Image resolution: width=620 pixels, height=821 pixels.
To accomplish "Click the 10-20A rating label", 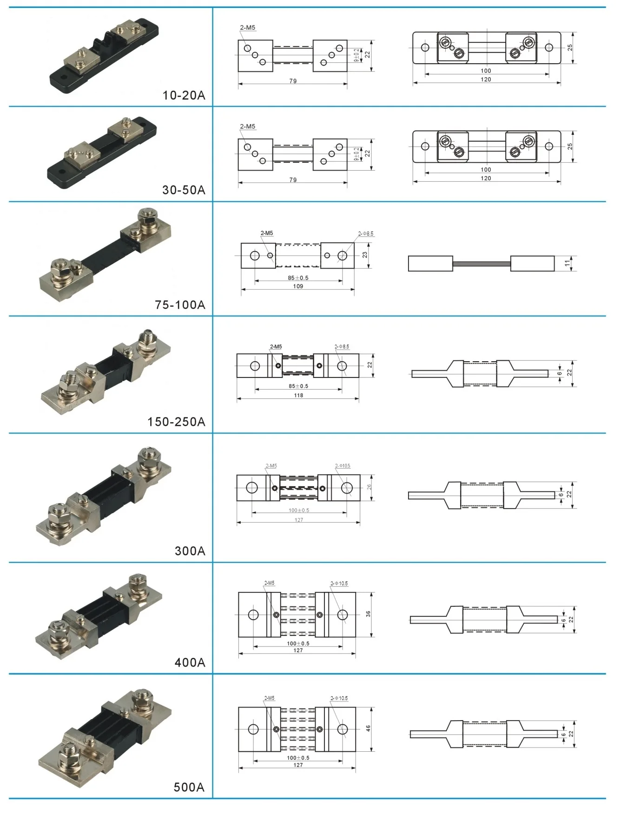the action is (x=184, y=95).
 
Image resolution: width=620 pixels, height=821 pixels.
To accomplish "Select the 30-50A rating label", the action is (x=184, y=190).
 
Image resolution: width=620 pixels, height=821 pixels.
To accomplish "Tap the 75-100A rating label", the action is (x=180, y=305).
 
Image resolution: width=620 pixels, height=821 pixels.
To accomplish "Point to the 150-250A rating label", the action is (x=176, y=422).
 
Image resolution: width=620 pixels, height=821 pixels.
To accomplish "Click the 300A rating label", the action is (x=190, y=551).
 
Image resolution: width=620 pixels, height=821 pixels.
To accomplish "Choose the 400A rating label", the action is (x=190, y=662).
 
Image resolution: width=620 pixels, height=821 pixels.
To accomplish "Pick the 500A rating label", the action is (x=189, y=787).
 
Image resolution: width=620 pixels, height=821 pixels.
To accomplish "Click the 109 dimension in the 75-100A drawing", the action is (x=298, y=286).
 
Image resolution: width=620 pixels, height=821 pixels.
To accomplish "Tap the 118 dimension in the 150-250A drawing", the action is (x=298, y=395).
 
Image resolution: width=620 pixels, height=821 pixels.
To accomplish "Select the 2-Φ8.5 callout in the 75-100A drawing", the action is (x=366, y=233).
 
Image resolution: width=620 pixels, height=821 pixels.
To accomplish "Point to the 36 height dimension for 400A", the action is (x=368, y=614).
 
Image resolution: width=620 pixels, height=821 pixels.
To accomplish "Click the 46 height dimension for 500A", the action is (x=368, y=728).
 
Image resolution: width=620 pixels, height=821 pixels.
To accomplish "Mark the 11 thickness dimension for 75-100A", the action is (x=567, y=263).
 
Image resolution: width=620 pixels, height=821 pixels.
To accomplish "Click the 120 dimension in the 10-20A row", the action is (x=486, y=79).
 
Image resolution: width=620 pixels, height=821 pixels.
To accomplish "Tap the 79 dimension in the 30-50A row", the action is (x=293, y=180).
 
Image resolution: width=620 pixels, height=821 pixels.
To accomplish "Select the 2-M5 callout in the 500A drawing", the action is (x=269, y=698).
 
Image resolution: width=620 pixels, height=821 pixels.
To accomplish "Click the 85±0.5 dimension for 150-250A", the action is (x=298, y=386).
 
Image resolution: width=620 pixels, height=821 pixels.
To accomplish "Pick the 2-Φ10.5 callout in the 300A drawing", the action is (x=343, y=466).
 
